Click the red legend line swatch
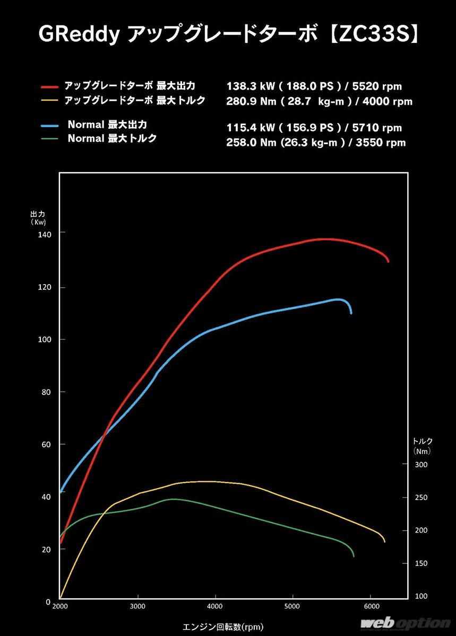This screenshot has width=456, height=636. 49,85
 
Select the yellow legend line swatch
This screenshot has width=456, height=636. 49,100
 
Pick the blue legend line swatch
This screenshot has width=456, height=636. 49,126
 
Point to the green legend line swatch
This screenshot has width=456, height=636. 49,139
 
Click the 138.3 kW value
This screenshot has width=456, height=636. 249,86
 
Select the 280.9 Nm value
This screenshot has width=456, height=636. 249,101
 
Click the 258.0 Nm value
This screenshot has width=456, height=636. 249,143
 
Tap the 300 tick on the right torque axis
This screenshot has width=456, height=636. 420,465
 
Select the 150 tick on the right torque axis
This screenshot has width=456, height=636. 420,563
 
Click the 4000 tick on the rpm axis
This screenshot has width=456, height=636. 215,606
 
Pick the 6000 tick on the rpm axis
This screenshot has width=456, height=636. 371,606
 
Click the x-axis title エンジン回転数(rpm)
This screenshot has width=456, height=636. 222,627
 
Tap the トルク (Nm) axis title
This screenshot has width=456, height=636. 423,446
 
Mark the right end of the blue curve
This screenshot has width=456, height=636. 351,313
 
